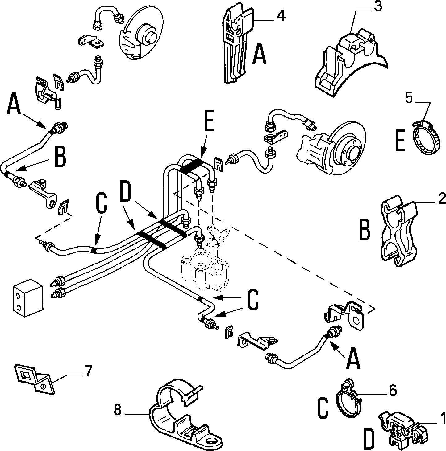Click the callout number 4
click(x=281, y=16)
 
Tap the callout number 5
click(x=409, y=98)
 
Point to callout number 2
click(x=442, y=199)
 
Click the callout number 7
click(x=88, y=371)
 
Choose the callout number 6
click(x=392, y=390)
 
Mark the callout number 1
click(x=443, y=418)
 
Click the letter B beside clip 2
click(x=365, y=230)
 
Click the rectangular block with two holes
click(x=28, y=298)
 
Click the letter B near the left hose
click(x=60, y=157)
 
